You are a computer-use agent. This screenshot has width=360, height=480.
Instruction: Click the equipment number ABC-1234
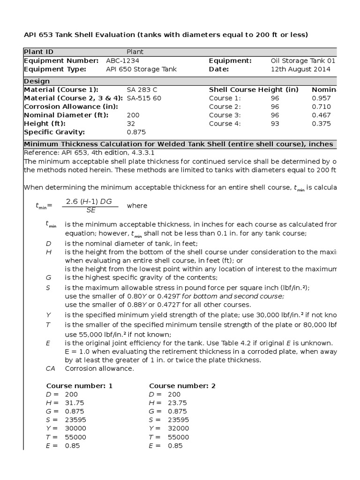coord(123,60)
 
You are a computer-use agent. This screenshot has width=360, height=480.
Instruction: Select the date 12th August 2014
coord(300,69)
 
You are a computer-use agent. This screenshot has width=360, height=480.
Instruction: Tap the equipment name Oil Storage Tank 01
coord(303,60)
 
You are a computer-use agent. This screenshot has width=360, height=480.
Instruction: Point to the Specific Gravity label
coord(54,132)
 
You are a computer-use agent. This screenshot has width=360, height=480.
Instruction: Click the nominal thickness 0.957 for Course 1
coord(321,98)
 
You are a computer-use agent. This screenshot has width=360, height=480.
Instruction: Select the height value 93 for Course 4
coord(275,124)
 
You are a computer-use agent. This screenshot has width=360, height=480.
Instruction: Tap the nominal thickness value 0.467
coord(321,115)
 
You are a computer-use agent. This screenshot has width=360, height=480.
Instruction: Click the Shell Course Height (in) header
coord(254,90)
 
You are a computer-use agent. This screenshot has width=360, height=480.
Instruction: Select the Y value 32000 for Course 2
coord(179,428)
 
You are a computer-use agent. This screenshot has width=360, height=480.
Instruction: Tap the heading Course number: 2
coord(182,386)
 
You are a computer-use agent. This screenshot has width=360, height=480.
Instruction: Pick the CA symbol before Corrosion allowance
coord(51,368)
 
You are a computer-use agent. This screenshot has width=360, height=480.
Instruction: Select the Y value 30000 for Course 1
coord(75,428)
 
